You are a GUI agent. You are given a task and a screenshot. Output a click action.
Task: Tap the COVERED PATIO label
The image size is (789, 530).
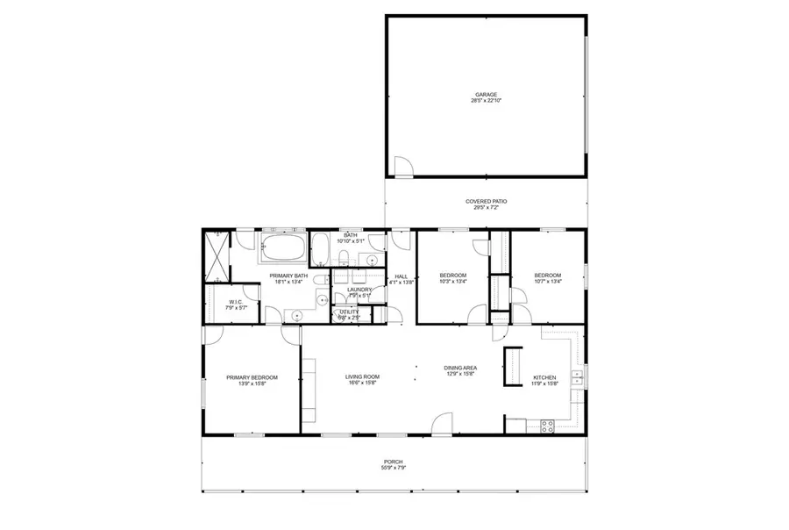pos(486,201)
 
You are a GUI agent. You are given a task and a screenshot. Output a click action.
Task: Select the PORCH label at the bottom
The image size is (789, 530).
pos(394,462)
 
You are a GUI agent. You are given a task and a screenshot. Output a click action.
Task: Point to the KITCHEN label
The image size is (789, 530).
pos(544,378)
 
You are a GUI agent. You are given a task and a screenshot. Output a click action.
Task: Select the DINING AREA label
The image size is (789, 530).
pos(459,369)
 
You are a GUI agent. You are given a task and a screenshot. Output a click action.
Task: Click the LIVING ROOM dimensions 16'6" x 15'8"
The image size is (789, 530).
pos(360,383)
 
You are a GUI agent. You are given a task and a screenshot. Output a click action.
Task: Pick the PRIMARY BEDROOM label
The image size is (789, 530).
pos(252,377)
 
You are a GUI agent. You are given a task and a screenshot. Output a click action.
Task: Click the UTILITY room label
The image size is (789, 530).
pos(349,312)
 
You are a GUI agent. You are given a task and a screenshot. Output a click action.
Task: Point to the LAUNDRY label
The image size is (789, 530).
pos(359,289)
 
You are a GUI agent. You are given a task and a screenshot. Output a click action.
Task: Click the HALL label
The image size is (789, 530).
pos(401,277)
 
